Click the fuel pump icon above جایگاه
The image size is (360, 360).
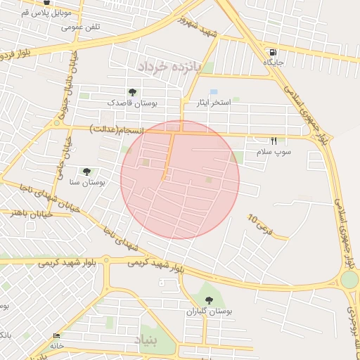point(273,53)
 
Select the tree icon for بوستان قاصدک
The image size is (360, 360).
point(132,92)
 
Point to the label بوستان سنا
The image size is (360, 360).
point(87,181)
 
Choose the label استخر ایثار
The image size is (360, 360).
point(214,103)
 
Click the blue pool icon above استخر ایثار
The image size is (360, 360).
point(214,92)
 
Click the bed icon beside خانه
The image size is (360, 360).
point(57,335)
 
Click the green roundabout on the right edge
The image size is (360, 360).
point(349,280)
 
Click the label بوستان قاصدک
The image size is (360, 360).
point(132,103)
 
